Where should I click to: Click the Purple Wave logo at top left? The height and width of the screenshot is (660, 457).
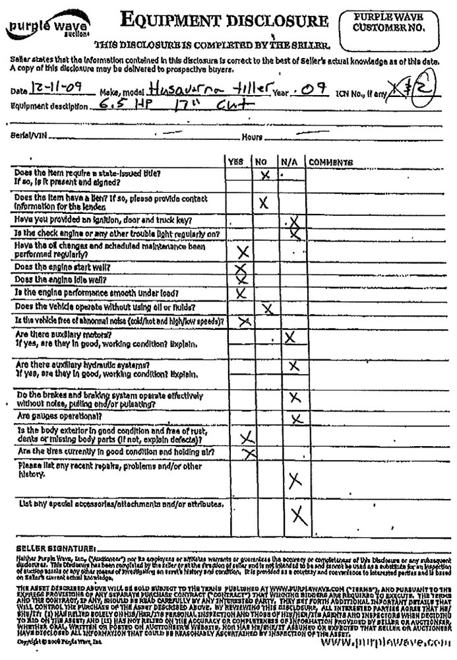pos(40,27)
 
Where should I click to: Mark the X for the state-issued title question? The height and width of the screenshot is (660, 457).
pos(266,175)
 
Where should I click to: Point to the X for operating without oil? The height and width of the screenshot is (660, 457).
pos(266,308)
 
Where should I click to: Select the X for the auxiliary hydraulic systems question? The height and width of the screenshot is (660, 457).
pos(293,365)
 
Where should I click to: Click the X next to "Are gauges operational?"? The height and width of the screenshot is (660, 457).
pos(296,418)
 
